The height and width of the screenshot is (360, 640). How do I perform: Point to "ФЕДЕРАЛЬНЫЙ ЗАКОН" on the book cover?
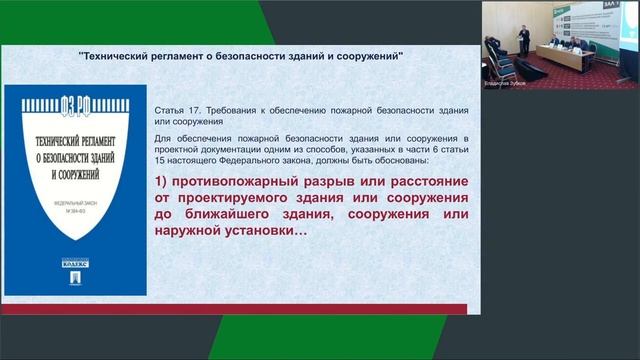coord(75,212)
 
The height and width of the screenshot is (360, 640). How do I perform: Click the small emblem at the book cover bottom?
coord(75,280)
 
